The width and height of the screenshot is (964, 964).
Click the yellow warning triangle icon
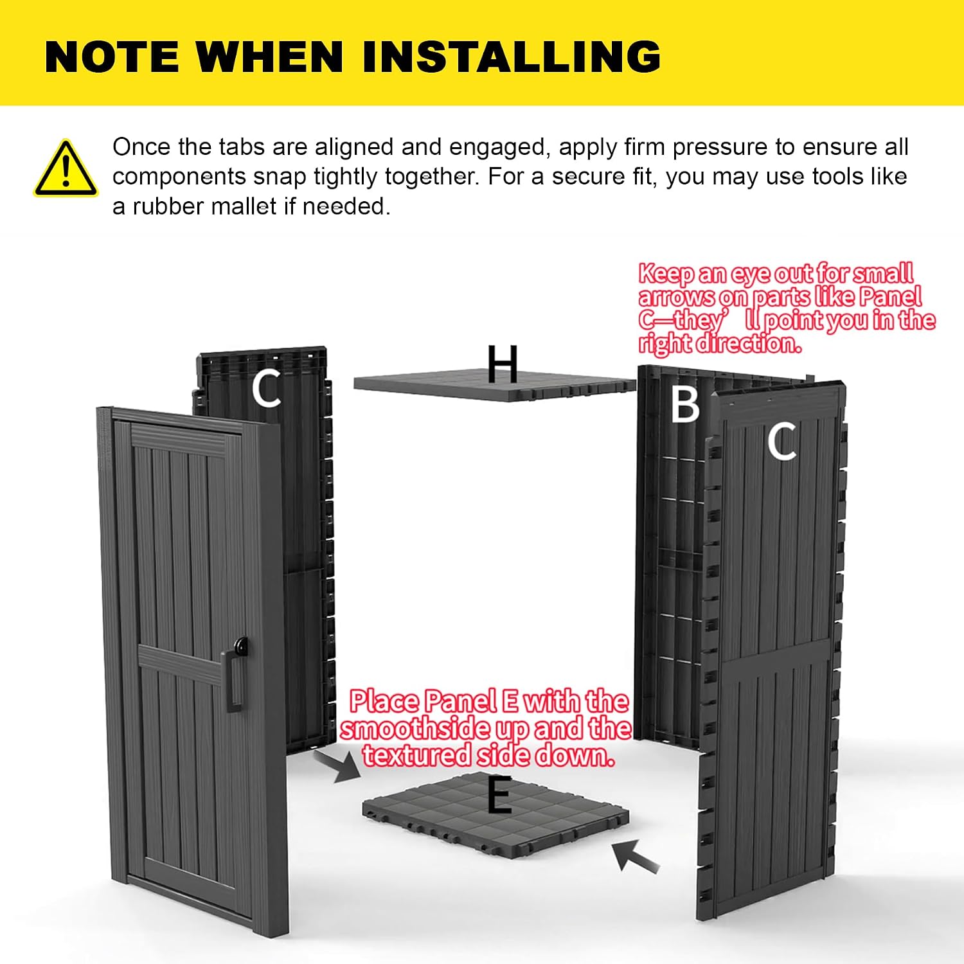[66, 168]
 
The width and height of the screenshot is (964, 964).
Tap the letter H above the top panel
[502, 364]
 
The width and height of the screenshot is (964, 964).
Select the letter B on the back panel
[684, 404]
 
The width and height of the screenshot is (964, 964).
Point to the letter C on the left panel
[266, 388]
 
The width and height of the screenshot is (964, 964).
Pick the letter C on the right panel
[781, 442]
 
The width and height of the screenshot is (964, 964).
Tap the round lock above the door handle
[241, 645]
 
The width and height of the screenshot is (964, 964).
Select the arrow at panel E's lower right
[635, 856]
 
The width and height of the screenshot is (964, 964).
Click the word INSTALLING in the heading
[512, 56]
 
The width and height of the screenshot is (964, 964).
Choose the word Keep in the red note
[666, 274]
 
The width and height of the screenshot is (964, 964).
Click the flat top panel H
[495, 384]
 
